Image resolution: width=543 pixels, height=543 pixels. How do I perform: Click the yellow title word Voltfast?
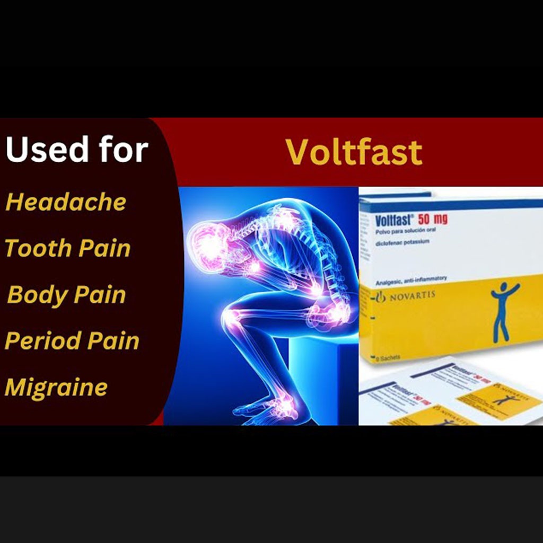point(354,152)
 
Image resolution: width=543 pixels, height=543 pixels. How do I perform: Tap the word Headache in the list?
point(66,202)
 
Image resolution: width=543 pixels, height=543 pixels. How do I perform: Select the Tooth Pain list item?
point(68,248)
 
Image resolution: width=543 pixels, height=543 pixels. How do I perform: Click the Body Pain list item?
point(67,295)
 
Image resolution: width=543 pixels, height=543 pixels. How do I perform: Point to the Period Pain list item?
point(72,341)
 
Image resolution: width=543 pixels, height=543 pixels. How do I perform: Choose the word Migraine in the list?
point(56,387)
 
